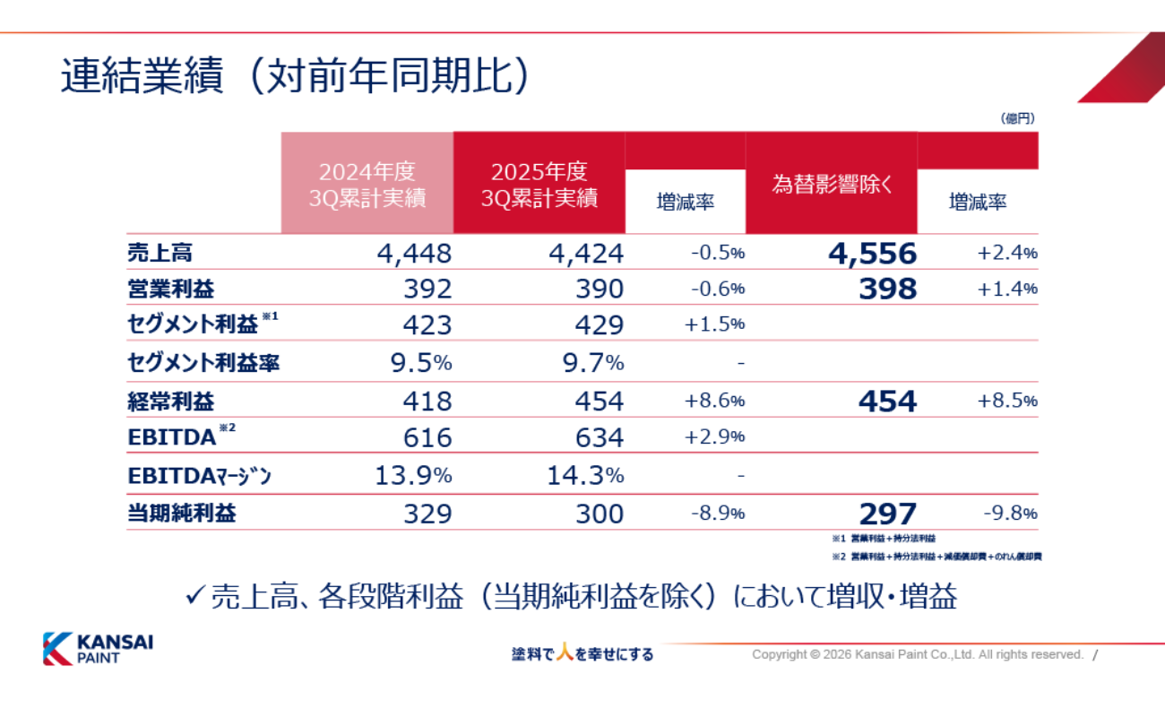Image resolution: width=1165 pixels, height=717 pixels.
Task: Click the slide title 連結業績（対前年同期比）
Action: (296, 78)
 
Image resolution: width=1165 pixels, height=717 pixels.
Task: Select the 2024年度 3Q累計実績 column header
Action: (367, 185)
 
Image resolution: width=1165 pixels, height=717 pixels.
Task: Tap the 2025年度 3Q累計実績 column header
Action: (539, 185)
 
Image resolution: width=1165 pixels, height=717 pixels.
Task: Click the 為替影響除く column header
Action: (833, 185)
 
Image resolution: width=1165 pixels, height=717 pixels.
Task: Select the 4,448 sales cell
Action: (414, 254)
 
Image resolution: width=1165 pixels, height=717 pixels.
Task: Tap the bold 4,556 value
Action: (872, 254)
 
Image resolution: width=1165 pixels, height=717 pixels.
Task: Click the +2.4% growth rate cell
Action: (1007, 254)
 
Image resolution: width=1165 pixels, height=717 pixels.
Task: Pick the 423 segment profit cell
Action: (427, 324)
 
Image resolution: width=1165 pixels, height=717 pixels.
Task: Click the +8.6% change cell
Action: (714, 401)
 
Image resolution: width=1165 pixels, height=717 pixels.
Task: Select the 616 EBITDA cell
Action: (427, 437)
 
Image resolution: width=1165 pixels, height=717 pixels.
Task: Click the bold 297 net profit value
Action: (887, 514)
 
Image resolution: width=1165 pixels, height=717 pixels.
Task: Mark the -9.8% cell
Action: (1010, 514)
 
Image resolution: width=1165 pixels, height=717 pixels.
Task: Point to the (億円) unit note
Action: (1017, 117)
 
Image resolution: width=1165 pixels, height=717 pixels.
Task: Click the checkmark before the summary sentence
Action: (195, 596)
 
